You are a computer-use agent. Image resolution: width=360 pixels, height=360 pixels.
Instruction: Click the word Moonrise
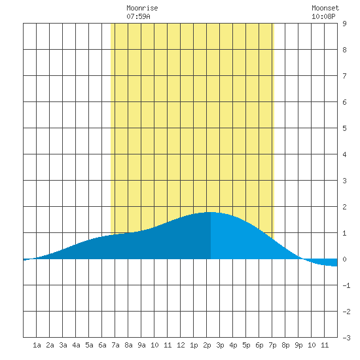(142, 8)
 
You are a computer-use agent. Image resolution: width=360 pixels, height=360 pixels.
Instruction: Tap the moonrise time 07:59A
(138, 16)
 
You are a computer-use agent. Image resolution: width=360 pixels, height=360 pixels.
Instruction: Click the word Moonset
(325, 8)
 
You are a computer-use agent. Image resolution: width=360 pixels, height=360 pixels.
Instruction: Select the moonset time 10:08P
(323, 16)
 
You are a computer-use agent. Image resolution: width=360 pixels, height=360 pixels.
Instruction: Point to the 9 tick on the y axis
(344, 24)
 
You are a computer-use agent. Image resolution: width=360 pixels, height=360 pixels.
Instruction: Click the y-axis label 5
(344, 128)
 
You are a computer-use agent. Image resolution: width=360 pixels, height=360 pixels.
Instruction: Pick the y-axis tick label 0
(344, 259)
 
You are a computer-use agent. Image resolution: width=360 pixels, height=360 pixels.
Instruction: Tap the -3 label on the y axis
(346, 338)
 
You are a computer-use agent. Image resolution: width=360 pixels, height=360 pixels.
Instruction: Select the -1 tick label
(346, 285)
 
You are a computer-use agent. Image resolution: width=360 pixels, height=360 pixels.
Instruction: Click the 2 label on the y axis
(344, 207)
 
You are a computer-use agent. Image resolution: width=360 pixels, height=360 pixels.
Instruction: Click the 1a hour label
(37, 345)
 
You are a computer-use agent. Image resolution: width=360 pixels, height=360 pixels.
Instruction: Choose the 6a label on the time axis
(102, 345)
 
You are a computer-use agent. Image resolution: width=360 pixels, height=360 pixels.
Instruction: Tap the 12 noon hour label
(181, 345)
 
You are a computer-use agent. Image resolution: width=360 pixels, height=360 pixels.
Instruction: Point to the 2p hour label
(207, 345)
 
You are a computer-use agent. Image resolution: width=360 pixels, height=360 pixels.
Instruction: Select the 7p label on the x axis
(272, 345)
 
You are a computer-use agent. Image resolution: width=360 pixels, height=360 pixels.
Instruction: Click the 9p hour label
(298, 345)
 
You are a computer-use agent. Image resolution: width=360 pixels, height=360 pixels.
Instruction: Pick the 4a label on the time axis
(76, 345)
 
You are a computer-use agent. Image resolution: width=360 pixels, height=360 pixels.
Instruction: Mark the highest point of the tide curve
(211, 212)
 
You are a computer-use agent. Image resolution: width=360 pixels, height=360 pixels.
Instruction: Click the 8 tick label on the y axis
(344, 50)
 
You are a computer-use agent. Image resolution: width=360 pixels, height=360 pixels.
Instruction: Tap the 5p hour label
(246, 345)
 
